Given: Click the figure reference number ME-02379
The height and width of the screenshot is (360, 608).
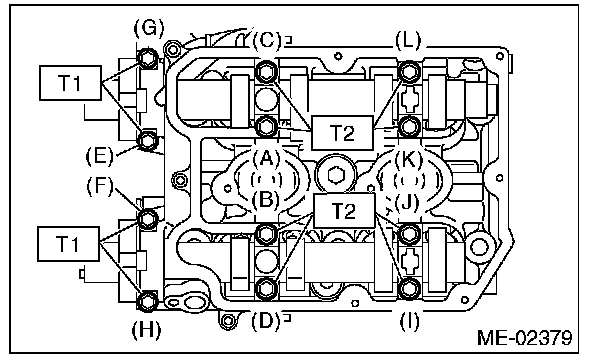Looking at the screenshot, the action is click(524, 338).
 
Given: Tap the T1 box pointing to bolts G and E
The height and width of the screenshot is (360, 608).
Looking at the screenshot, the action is click(70, 83).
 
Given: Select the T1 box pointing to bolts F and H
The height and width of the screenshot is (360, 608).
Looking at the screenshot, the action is click(68, 244).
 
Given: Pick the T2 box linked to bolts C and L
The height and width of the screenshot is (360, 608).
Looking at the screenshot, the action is click(342, 133).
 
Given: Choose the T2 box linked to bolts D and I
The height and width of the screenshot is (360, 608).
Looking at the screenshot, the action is click(344, 211).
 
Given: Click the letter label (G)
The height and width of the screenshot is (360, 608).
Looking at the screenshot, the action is click(149, 28).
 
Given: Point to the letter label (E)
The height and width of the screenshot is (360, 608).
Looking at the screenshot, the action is click(100, 156).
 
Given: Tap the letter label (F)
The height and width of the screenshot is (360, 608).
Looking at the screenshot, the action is click(100, 186).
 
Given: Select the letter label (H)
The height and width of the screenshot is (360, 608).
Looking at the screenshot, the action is click(146, 330).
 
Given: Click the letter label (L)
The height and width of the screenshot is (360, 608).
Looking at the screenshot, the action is click(408, 40).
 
